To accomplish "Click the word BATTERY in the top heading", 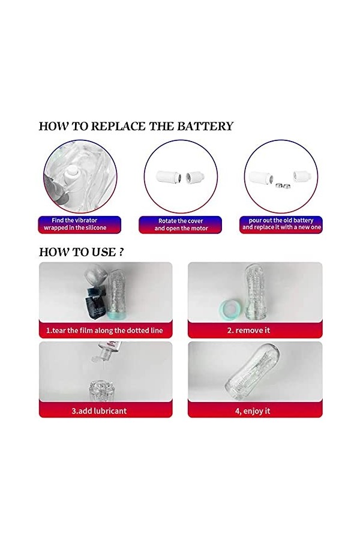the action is coord(205,126).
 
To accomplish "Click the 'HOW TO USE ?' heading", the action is coord(81,252).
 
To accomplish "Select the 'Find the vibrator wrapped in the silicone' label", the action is coord(75,224).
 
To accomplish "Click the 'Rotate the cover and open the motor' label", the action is coord(181,224).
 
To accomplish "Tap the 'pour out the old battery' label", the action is coord(281,220).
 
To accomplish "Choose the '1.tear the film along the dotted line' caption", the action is coord(104,330).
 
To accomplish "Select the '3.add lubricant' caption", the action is coord(99,411).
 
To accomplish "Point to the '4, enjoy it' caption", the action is coord(253,411).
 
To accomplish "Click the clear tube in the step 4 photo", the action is coord(252,371).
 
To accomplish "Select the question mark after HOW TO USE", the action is coord(121,252).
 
